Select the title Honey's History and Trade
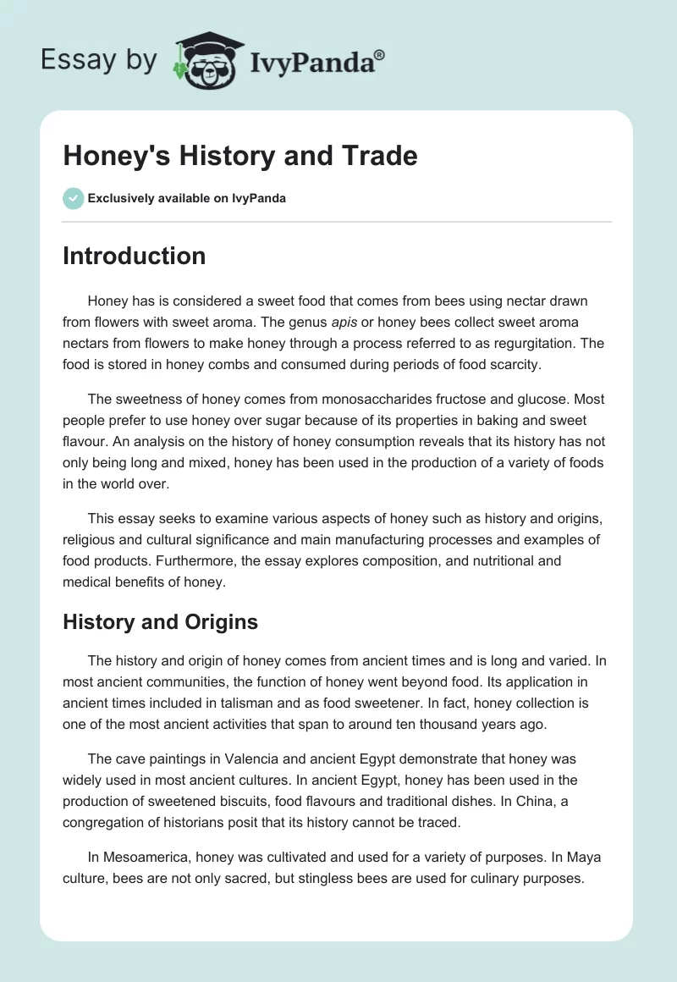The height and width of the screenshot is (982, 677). coord(240,156)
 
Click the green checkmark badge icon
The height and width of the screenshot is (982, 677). coord(73,198)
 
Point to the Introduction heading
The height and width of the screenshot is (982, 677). coord(134,257)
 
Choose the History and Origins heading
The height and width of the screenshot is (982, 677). coord(160,622)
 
